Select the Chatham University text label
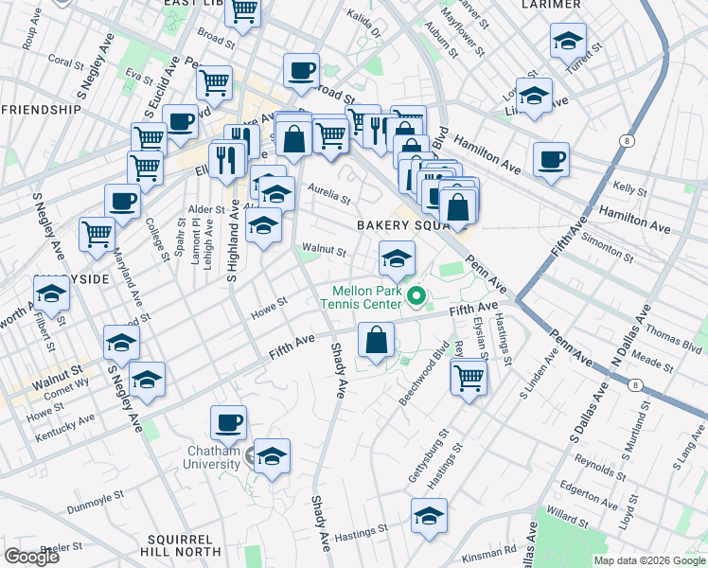pyautogui.click(x=212, y=456)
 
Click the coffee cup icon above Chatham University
pyautogui.click(x=227, y=423)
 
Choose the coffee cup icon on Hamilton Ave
pyautogui.click(x=551, y=158)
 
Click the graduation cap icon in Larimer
pyautogui.click(x=568, y=41)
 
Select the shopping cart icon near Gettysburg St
pyautogui.click(x=469, y=378)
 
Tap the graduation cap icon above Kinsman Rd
pyautogui.click(x=429, y=516)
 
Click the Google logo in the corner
pyautogui.click(x=31, y=556)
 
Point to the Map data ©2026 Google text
pyautogui.click(x=648, y=560)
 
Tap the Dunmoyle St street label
pyautogui.click(x=95, y=502)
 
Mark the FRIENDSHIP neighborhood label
pyautogui.click(x=42, y=110)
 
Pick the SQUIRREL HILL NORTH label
pyautogui.click(x=176, y=544)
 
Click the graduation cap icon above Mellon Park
pyautogui.click(x=398, y=257)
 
